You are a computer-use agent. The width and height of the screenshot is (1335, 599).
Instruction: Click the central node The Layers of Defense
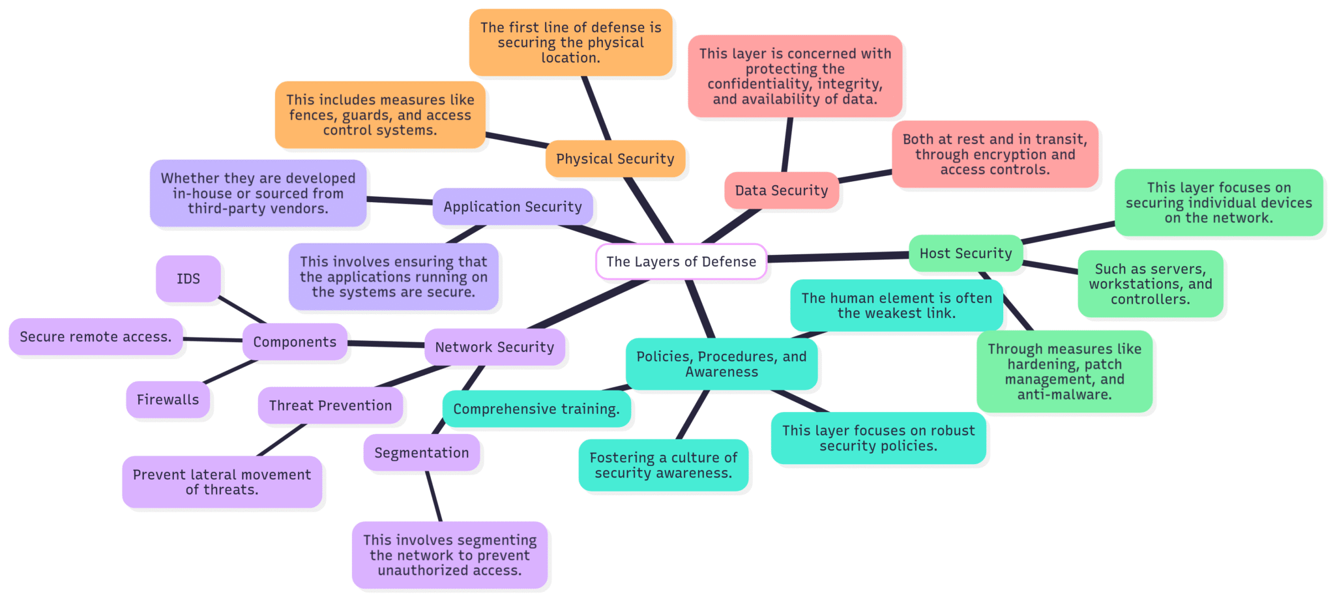(681, 261)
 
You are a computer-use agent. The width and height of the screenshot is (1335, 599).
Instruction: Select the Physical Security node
(615, 159)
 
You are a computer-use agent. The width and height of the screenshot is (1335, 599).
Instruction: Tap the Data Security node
(781, 190)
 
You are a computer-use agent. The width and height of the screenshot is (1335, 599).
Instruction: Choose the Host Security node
(965, 254)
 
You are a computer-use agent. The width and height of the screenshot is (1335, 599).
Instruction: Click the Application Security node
(512, 207)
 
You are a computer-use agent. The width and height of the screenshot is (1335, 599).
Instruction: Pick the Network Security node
(494, 347)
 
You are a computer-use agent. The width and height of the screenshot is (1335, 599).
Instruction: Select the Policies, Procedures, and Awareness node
(721, 364)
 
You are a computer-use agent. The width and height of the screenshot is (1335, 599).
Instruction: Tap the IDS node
(188, 279)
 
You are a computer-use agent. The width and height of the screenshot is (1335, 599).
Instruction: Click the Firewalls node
(168, 400)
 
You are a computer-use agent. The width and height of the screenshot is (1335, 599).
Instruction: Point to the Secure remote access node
(96, 337)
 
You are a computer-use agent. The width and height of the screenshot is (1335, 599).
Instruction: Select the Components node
(295, 342)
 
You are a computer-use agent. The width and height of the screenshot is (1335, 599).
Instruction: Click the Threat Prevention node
(330, 405)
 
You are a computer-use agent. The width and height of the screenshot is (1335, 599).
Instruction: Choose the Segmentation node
(421, 453)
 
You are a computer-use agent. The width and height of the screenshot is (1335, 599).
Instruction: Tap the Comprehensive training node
(536, 409)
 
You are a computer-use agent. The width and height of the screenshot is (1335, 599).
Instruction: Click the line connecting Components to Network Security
(386, 343)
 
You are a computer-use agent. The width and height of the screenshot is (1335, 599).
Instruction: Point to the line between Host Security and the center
(838, 257)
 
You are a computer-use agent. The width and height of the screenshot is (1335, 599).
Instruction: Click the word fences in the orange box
(310, 115)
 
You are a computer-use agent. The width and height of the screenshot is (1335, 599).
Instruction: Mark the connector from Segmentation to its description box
(434, 496)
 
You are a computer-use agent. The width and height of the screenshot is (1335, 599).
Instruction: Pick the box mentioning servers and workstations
(1150, 284)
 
